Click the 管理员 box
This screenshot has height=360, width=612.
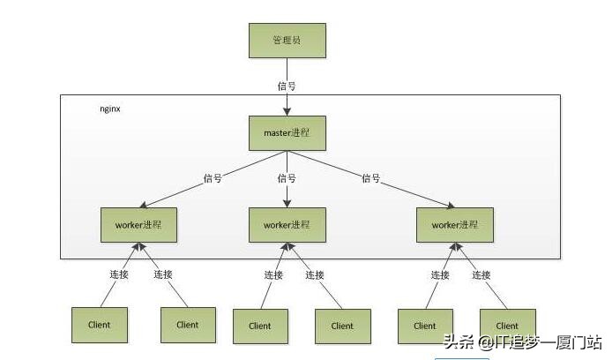coord(286,41)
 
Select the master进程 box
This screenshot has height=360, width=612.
coord(286,133)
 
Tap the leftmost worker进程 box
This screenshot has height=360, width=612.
coord(138,224)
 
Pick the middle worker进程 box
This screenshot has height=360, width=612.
coord(287,224)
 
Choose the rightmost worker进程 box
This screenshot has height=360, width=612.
coord(453,224)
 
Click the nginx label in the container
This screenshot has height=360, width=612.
coord(110,109)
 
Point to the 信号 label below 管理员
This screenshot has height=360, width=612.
coord(286,86)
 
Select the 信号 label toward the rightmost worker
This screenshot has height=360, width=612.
coord(370,178)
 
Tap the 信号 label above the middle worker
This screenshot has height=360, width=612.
coord(286,178)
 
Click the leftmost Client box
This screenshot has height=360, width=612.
coord(100,325)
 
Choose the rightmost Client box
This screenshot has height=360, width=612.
coord(507,326)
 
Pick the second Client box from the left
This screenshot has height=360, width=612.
coord(187,325)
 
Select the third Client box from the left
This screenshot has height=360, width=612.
coord(260,326)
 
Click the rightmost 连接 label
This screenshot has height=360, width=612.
coord(481,274)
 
